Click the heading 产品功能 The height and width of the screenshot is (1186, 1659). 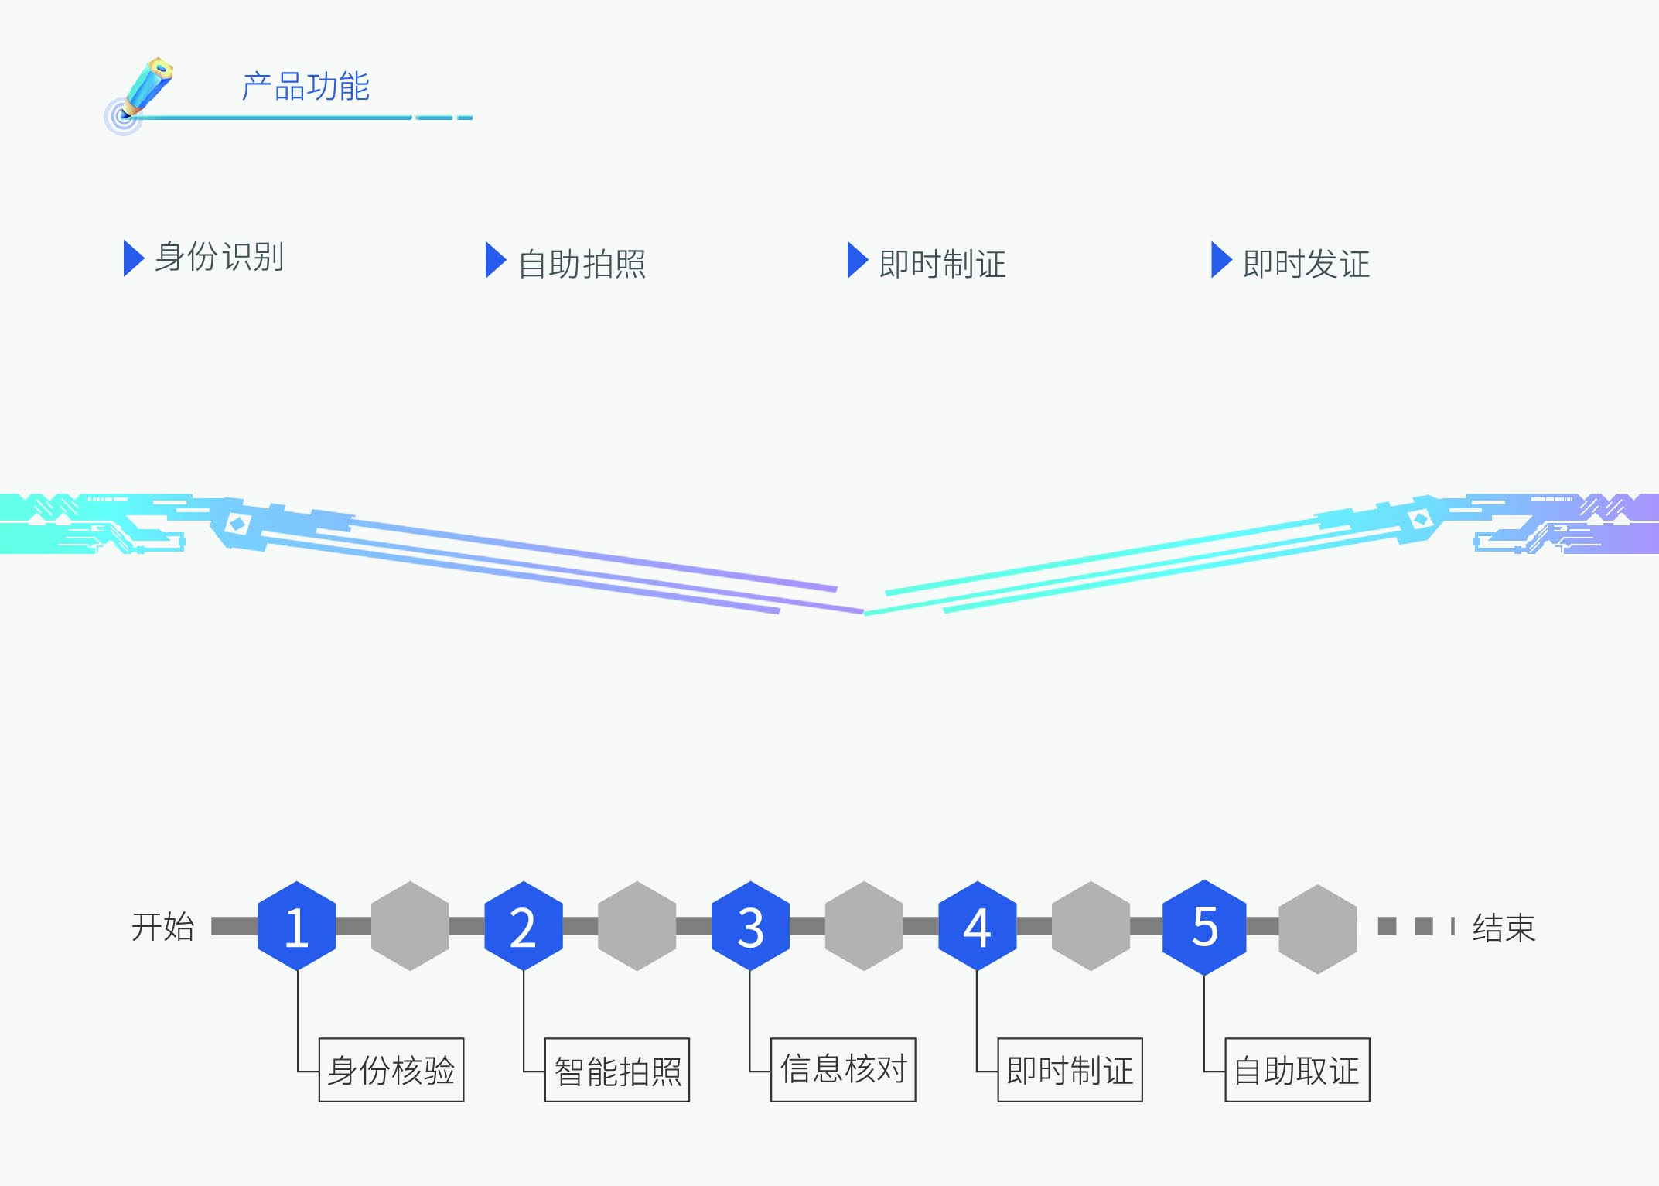[x=306, y=87]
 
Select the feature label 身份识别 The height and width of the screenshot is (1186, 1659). [x=220, y=257]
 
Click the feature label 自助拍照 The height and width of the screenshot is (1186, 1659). [x=582, y=264]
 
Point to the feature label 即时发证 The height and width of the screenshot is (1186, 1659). [x=1306, y=264]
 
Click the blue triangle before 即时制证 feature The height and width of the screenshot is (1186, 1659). [x=857, y=260]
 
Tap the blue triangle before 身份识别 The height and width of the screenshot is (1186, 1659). [x=133, y=258]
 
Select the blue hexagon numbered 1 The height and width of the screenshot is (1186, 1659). [x=297, y=926]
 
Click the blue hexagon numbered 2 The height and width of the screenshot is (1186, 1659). [x=524, y=926]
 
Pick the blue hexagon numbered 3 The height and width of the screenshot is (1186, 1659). [x=750, y=926]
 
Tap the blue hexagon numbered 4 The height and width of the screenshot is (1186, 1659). [x=977, y=926]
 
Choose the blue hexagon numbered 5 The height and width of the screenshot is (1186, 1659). [x=1204, y=926]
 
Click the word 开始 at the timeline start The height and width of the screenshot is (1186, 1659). [x=162, y=926]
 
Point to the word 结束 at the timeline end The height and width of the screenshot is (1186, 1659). [x=1504, y=928]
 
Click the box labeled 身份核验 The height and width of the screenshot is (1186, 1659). [x=391, y=1070]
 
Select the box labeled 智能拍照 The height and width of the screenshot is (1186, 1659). [x=617, y=1070]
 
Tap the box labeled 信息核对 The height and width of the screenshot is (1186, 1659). [x=843, y=1070]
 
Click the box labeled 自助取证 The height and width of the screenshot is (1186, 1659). [x=1297, y=1070]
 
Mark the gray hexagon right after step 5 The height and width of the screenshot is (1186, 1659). [x=1317, y=928]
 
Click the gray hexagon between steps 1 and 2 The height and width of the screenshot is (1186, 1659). [x=410, y=926]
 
